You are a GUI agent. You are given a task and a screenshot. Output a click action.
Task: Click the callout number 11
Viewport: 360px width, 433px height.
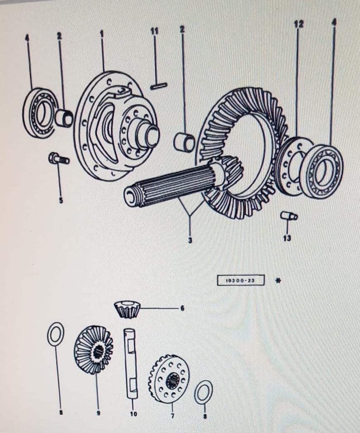(x=155, y=31)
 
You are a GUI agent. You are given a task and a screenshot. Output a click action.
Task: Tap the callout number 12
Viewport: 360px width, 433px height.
(x=298, y=24)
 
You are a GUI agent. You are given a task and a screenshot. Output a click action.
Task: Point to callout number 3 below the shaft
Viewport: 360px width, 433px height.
(x=190, y=240)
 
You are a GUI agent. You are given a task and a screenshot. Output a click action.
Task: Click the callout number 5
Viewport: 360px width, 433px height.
(x=61, y=201)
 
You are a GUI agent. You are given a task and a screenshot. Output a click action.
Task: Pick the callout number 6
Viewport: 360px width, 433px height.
(x=182, y=308)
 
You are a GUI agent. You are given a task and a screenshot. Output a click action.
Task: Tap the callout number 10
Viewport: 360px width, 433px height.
(x=133, y=414)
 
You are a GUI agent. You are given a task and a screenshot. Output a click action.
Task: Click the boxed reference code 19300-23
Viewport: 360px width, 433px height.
(x=240, y=281)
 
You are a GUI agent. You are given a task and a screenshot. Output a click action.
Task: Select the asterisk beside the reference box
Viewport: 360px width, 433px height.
(x=278, y=281)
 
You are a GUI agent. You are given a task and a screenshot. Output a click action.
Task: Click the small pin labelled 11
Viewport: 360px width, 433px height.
(x=159, y=86)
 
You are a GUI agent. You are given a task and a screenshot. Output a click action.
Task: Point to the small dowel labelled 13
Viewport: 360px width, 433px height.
(x=289, y=216)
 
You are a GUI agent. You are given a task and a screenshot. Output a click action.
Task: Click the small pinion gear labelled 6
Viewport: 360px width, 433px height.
(x=127, y=309)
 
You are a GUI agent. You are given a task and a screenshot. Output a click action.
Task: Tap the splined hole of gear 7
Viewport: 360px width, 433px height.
(x=172, y=380)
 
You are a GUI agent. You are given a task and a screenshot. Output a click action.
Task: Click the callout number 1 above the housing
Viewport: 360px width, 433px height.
(x=101, y=34)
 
